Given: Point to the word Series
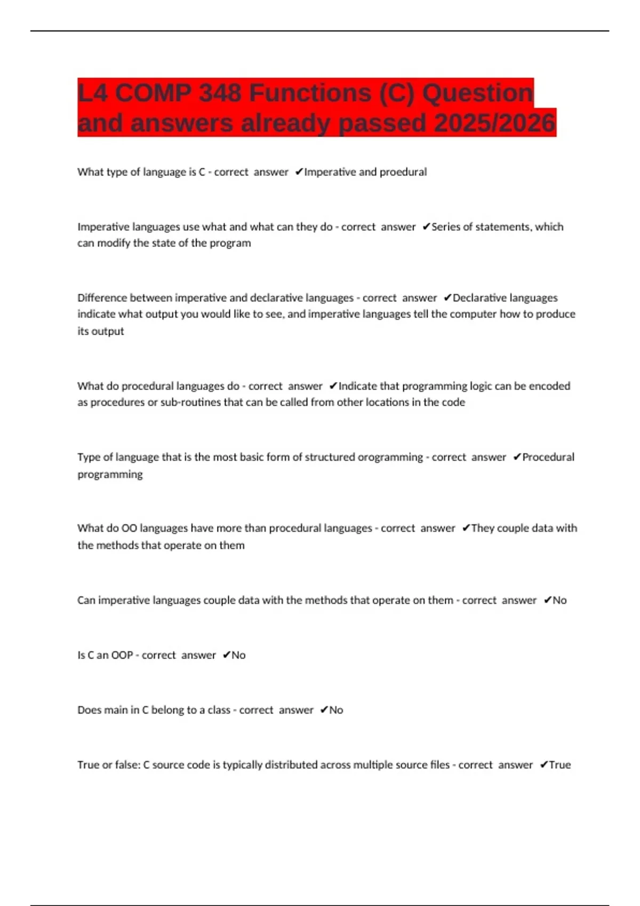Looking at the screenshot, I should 446,227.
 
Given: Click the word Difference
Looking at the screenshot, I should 102,298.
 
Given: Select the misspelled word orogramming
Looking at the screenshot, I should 390,457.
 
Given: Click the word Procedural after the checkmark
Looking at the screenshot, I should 548,457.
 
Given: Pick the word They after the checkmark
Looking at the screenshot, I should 483,528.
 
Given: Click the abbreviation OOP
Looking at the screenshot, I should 122,655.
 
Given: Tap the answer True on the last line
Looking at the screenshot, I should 559,765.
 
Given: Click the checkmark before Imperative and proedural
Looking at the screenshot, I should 299,172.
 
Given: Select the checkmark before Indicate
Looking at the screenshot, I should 333,386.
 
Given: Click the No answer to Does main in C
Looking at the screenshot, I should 336,710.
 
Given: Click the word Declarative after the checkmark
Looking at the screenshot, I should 478,298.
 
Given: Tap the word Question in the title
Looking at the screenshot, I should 477,93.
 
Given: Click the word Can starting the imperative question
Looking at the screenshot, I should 86,600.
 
